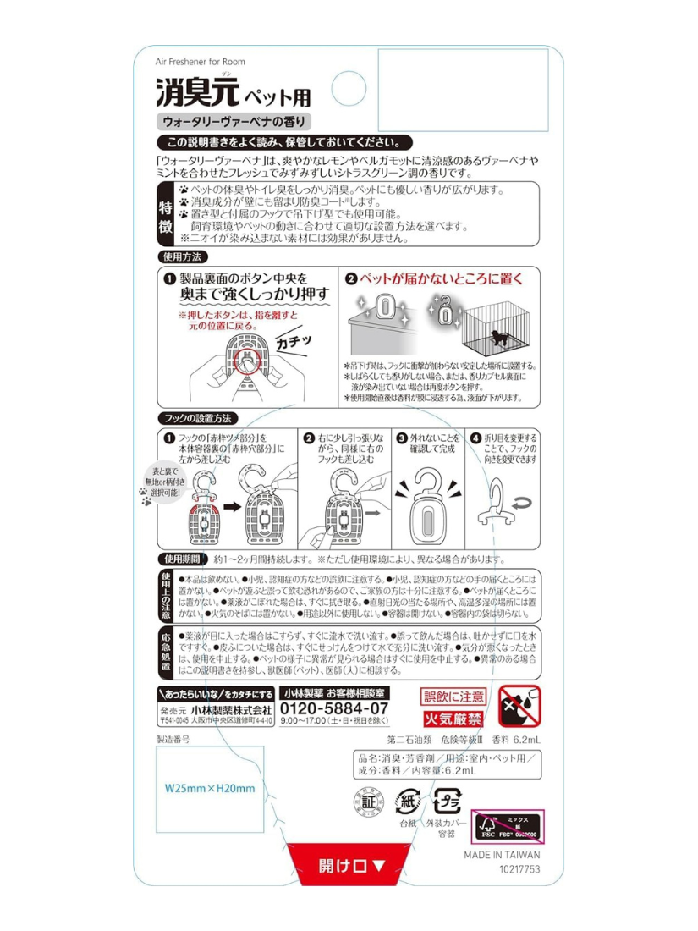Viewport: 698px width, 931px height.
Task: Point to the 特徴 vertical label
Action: [x=166, y=214]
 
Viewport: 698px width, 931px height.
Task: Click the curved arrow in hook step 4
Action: [x=518, y=504]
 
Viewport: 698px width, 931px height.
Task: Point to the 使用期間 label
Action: [x=181, y=559]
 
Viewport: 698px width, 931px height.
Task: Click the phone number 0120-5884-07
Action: [x=334, y=708]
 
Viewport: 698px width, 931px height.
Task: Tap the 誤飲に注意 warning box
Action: [x=453, y=696]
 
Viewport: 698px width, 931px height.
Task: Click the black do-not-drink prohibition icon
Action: [x=516, y=708]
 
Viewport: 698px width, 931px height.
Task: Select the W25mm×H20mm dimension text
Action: [x=210, y=788]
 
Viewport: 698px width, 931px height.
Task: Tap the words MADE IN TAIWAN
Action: [x=501, y=854]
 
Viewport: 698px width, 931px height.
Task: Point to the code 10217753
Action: [x=519, y=868]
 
